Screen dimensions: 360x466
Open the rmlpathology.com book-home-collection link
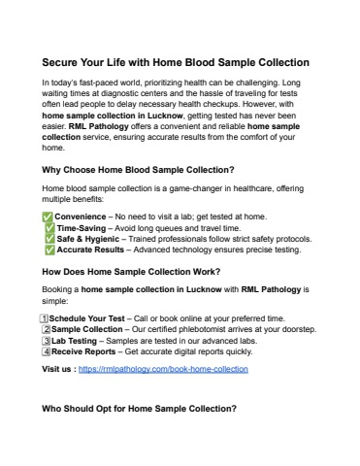[165, 370]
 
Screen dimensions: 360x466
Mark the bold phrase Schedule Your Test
[85, 317]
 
